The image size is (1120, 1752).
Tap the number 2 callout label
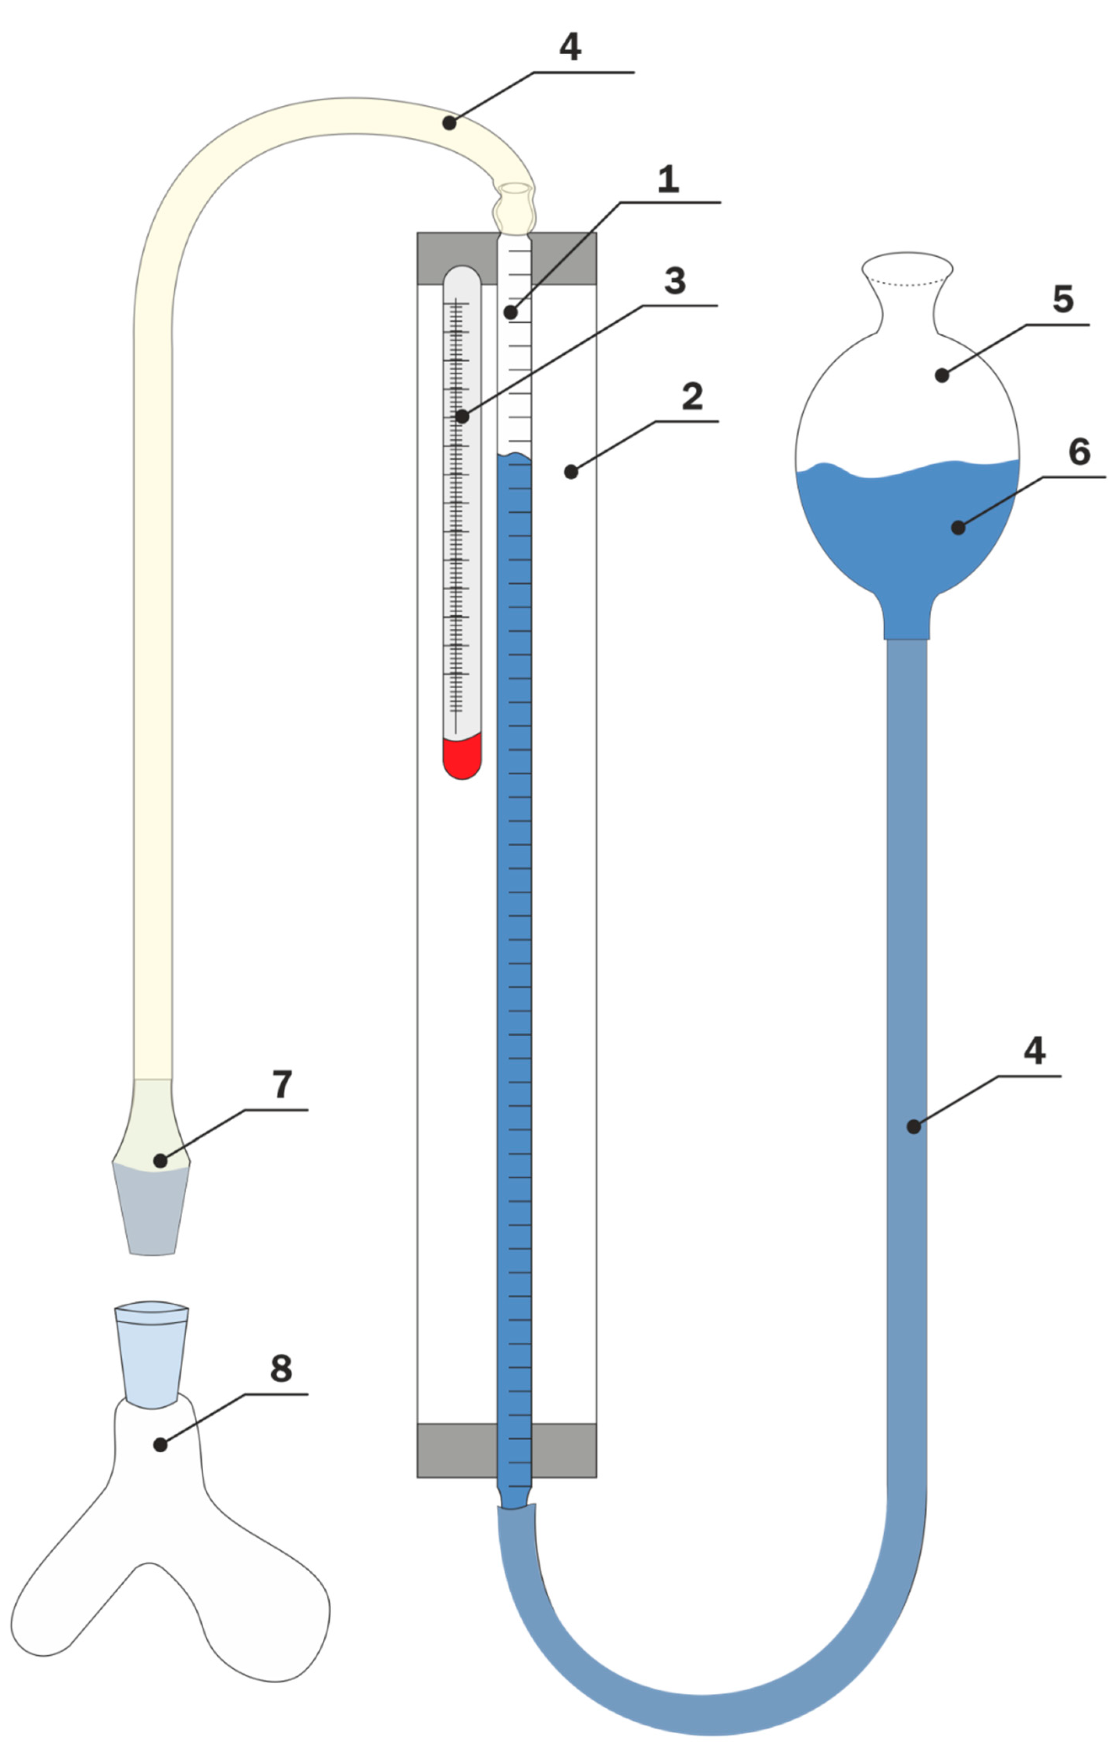click(x=692, y=396)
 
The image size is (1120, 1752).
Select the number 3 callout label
click(x=675, y=281)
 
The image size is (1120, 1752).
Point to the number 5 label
click(x=1063, y=299)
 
